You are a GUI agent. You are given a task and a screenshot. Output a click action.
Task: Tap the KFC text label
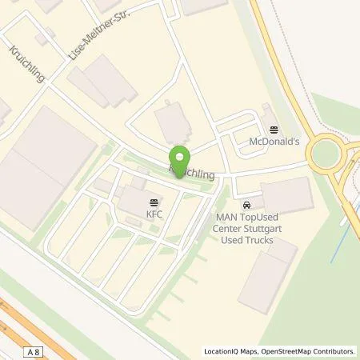coord(154,214)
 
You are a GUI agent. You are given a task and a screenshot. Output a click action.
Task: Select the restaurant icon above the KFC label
coord(154,202)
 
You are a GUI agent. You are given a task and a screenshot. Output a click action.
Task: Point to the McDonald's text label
coord(274,141)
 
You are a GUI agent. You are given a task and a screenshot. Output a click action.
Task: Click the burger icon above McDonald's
coord(274,130)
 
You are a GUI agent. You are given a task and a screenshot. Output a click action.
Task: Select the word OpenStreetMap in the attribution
coord(283,350)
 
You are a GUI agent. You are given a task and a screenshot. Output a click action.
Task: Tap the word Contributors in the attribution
coord(332,350)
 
